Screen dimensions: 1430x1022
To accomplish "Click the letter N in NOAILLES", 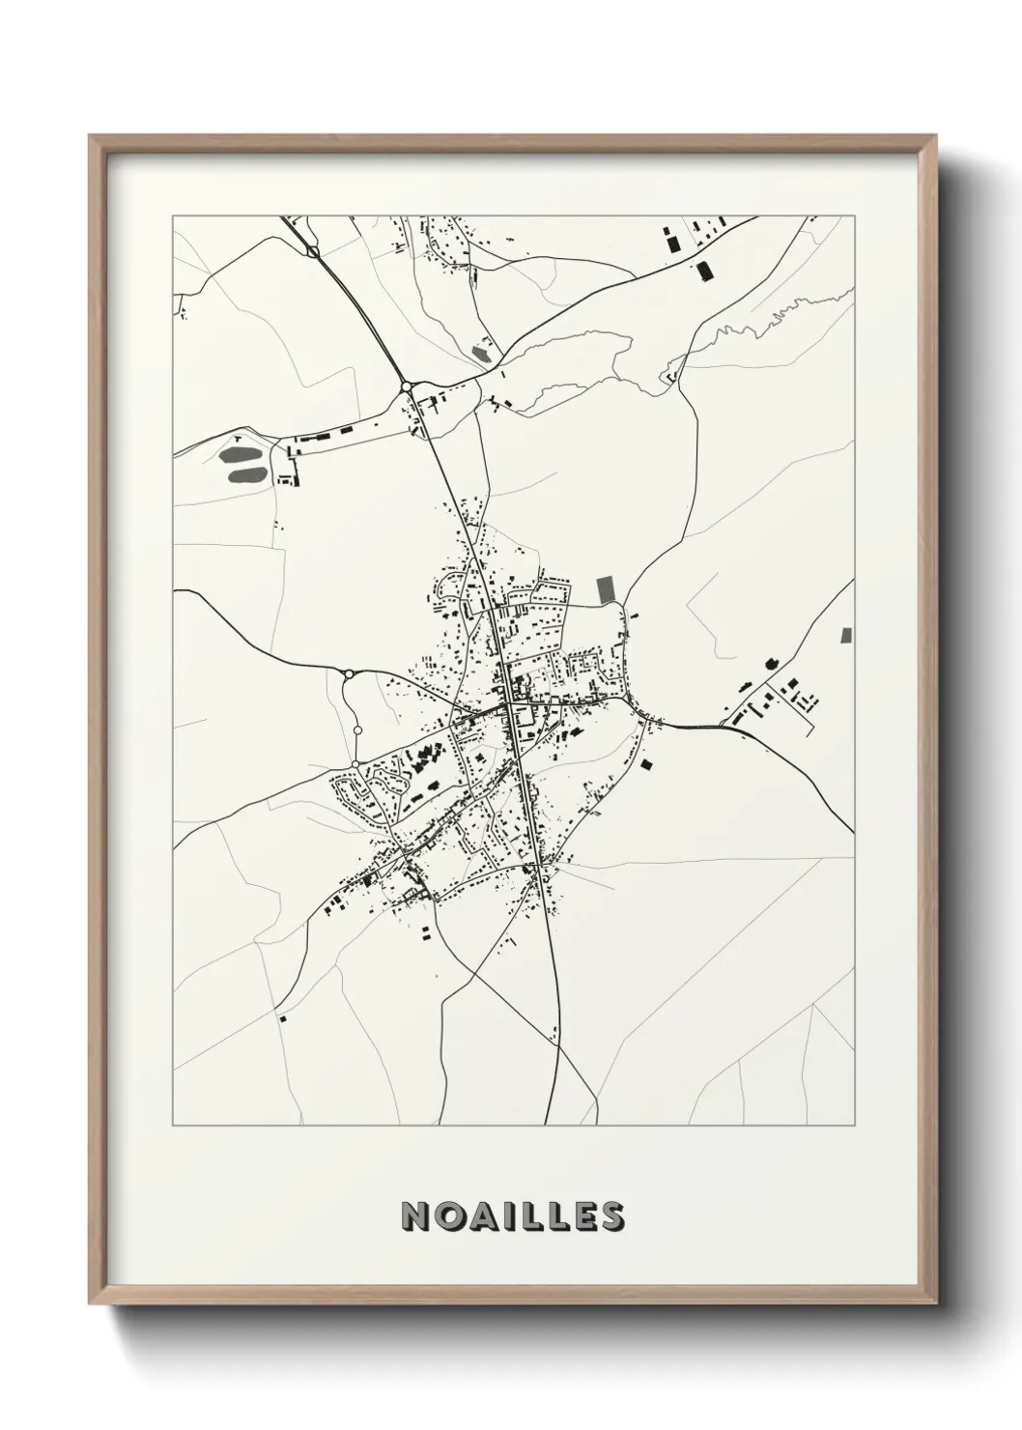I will tap(416, 1216).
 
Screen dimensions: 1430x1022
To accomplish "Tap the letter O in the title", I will tap(449, 1216).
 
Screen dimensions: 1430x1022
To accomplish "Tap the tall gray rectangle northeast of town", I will tap(606, 589).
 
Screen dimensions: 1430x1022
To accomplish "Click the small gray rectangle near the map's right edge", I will tap(847, 635).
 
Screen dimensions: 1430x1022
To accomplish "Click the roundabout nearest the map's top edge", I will tap(313, 252).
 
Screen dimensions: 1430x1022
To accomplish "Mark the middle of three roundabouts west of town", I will tap(357, 731).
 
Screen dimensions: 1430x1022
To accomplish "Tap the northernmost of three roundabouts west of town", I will tap(348, 673).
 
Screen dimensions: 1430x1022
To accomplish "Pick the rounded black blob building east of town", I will tap(770, 664).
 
